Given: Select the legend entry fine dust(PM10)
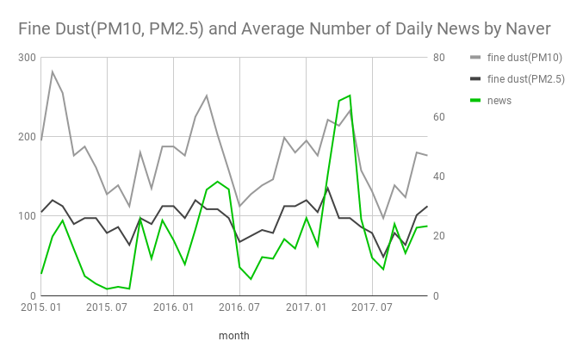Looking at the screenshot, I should (524, 58).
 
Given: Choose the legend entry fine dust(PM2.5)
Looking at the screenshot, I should (525, 79).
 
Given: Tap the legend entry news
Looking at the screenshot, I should (499, 100).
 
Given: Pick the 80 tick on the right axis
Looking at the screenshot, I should (439, 58).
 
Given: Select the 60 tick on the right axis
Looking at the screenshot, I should (439, 117).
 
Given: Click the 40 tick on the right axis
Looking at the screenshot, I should (439, 177).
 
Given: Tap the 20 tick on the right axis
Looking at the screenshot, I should (439, 236).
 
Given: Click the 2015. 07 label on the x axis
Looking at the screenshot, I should (108, 307).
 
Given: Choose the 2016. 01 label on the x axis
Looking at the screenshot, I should (174, 307).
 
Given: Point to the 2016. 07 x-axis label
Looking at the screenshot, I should (239, 307).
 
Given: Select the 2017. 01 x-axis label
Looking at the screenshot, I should (306, 307).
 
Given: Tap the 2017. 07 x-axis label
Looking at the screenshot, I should (372, 307).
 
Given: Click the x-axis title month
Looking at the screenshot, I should (233, 335).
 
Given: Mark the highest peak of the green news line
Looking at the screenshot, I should (350, 96).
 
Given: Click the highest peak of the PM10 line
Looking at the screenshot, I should (53, 71).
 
